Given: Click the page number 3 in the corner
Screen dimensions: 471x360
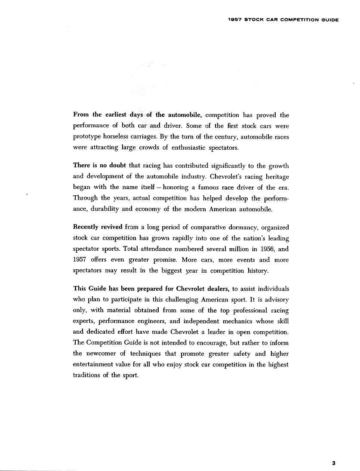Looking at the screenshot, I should point(333,463).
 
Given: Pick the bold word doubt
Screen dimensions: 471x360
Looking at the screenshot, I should point(115,166).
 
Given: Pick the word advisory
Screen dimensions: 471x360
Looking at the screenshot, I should point(275,299).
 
